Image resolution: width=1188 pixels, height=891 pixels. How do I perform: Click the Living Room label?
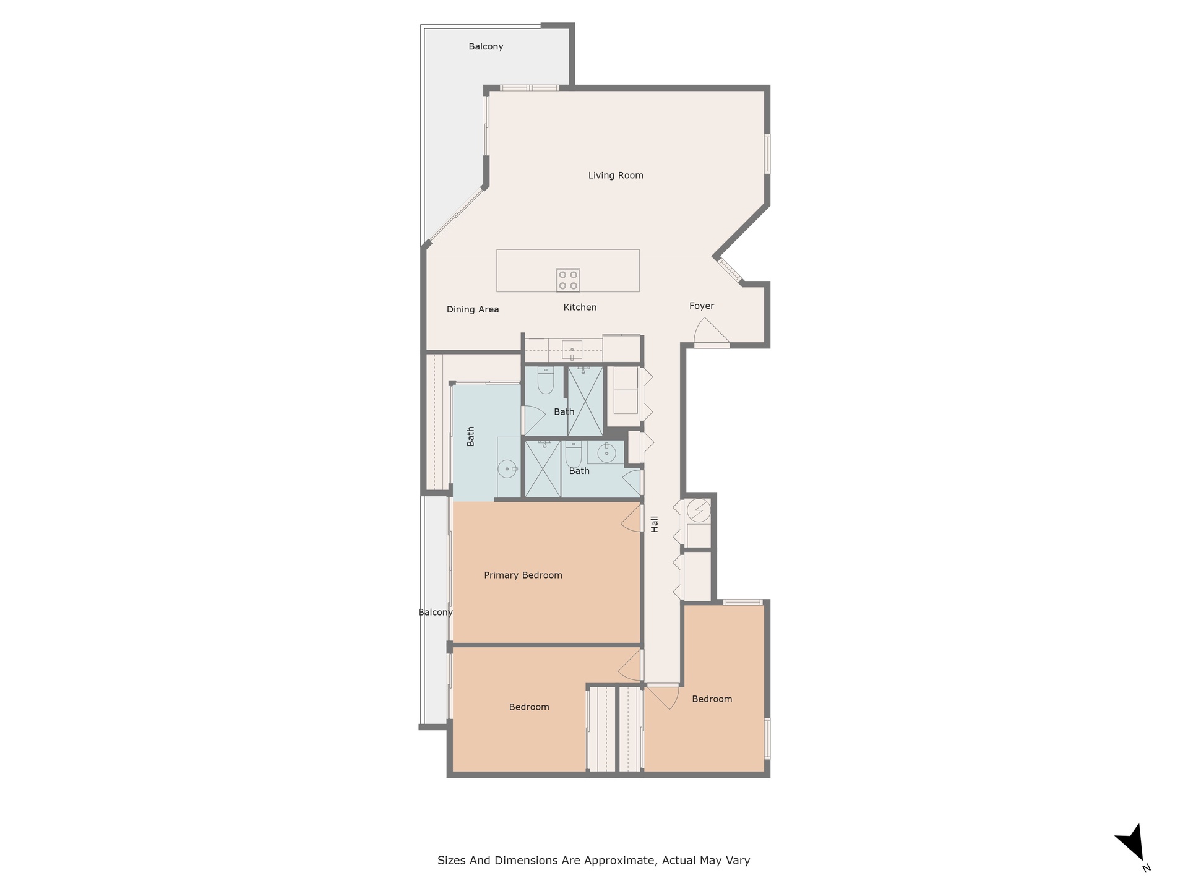point(616,176)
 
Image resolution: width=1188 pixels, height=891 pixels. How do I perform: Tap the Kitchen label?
point(580,308)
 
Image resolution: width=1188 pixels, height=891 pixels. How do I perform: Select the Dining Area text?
point(473,309)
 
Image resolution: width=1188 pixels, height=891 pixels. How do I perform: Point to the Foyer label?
point(702,306)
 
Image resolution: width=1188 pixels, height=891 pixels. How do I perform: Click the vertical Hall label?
point(655,525)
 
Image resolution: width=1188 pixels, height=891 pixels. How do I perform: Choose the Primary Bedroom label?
point(523,575)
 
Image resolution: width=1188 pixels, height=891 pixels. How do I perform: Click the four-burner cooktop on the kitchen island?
point(568,280)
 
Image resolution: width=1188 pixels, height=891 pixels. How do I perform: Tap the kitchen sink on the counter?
point(572,350)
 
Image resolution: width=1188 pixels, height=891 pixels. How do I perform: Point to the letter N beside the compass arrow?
point(1147,868)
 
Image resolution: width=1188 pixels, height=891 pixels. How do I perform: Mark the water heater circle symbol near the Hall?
point(699,510)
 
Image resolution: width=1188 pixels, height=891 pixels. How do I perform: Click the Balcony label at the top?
point(486,47)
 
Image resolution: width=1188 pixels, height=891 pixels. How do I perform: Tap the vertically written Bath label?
point(471,437)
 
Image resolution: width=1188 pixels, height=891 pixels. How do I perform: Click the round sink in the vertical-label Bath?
point(507,469)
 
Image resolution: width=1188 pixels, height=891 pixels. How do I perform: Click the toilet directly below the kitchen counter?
point(545,381)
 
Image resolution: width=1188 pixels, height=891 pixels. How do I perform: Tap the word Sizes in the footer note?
point(452,861)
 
